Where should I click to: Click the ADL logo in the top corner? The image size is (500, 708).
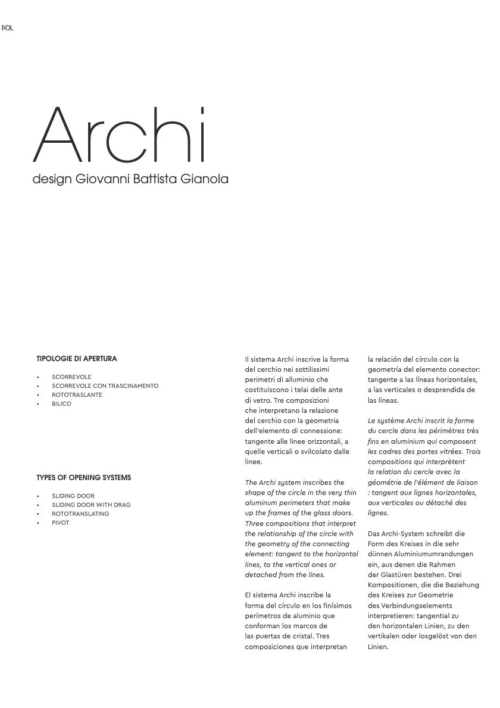tap(7, 28)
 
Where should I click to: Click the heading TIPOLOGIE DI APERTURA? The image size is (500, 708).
tap(77, 359)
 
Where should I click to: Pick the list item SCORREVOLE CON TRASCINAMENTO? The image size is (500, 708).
tap(105, 386)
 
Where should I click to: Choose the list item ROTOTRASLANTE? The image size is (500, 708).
tap(77, 395)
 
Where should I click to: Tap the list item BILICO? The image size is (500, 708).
tap(61, 404)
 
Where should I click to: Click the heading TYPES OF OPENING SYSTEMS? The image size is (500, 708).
tap(83, 478)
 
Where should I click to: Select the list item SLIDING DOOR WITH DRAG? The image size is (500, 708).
tap(91, 505)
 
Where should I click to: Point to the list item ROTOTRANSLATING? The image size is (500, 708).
tap(80, 514)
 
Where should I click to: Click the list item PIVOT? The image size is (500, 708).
tap(60, 523)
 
